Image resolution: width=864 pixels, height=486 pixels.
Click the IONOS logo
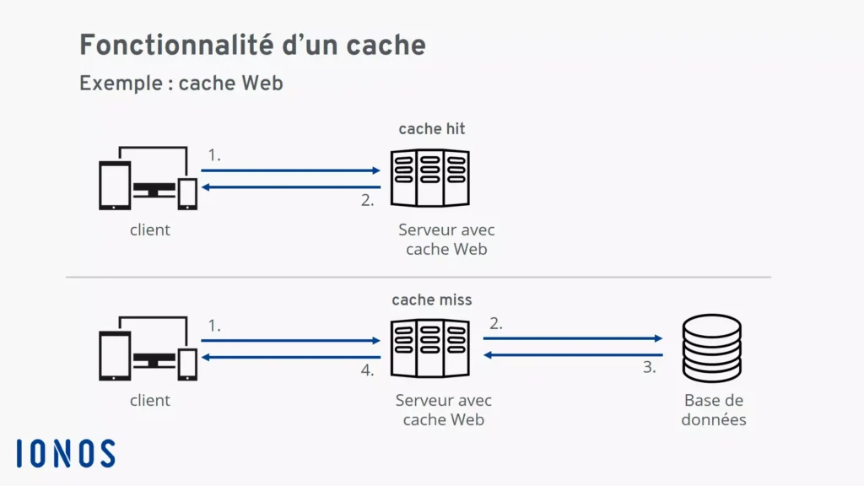[x=65, y=453]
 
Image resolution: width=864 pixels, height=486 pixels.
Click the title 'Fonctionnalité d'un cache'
[x=252, y=46]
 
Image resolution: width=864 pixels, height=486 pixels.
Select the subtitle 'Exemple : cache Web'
[x=181, y=84]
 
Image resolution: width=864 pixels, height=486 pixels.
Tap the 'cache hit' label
[x=431, y=129]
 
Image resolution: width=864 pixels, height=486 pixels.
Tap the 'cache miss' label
[x=431, y=300]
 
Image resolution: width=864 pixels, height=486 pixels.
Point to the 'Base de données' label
[x=714, y=410]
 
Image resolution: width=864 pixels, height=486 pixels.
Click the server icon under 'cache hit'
[x=429, y=177]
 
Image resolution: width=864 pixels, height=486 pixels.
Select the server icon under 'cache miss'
[x=429, y=348]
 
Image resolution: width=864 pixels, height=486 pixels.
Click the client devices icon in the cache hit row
[x=148, y=178]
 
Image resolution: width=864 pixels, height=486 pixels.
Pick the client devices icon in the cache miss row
[x=148, y=348]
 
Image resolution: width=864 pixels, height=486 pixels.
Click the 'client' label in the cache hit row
[x=149, y=229]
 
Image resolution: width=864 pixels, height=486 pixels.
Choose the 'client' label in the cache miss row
[x=149, y=400]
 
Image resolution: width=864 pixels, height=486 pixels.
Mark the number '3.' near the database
[x=649, y=368]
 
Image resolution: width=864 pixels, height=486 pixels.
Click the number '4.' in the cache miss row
[x=367, y=370]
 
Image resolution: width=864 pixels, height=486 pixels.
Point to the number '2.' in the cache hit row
[x=367, y=200]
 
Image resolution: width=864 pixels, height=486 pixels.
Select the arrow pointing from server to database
[x=572, y=338]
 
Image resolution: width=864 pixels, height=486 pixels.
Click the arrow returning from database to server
[x=572, y=355]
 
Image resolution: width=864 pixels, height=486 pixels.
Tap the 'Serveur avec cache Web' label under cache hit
[x=446, y=240]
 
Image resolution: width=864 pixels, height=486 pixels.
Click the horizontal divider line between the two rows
[x=418, y=277]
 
